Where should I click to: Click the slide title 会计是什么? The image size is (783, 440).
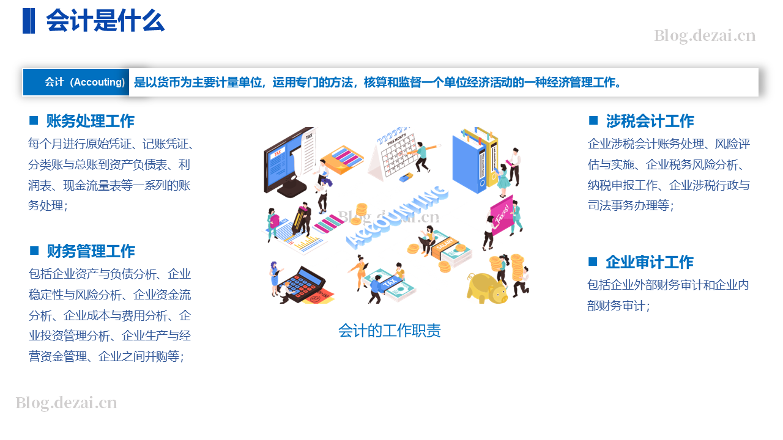point(105,21)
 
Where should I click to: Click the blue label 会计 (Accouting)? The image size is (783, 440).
point(84,82)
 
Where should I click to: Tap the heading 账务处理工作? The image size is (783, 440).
point(90,121)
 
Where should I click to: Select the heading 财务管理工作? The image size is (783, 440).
point(91,251)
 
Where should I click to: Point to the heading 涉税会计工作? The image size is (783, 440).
point(650,121)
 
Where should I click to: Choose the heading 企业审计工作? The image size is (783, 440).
point(650,262)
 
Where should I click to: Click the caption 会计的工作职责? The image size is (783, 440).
point(390,331)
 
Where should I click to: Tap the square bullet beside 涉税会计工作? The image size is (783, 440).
point(593,120)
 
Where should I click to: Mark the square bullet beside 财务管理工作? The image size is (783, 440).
point(34,251)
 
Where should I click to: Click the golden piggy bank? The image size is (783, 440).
point(487,288)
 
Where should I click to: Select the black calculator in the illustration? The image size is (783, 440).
point(303,284)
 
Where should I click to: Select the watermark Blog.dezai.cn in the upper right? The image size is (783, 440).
point(705,36)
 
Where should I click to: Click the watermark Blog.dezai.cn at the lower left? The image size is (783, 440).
point(66,403)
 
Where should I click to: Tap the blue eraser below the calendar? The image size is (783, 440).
point(406,177)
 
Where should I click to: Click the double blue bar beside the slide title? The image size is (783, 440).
point(29,21)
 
